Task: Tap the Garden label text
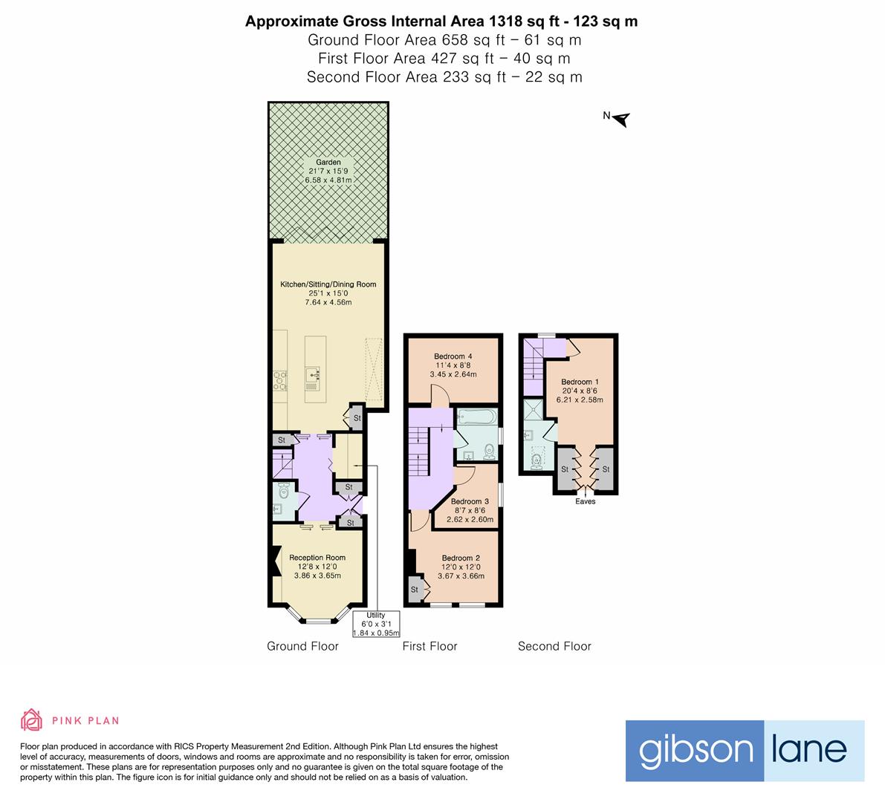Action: [x=328, y=163]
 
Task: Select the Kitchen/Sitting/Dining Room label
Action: [x=328, y=284]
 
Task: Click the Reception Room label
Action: [x=317, y=558]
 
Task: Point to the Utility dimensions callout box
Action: [x=376, y=624]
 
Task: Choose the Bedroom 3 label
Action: [x=470, y=501]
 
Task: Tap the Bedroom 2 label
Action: [x=461, y=558]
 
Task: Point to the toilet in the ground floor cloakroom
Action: [x=282, y=490]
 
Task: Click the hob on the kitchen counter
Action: [x=279, y=380]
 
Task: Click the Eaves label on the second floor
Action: [x=586, y=501]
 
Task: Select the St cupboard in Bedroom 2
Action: [x=415, y=590]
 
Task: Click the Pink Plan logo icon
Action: [x=32, y=720]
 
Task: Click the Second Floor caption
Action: [x=554, y=646]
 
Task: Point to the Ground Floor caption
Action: [x=302, y=646]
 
